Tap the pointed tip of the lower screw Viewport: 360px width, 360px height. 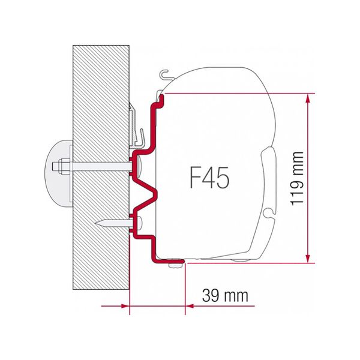[97, 223]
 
